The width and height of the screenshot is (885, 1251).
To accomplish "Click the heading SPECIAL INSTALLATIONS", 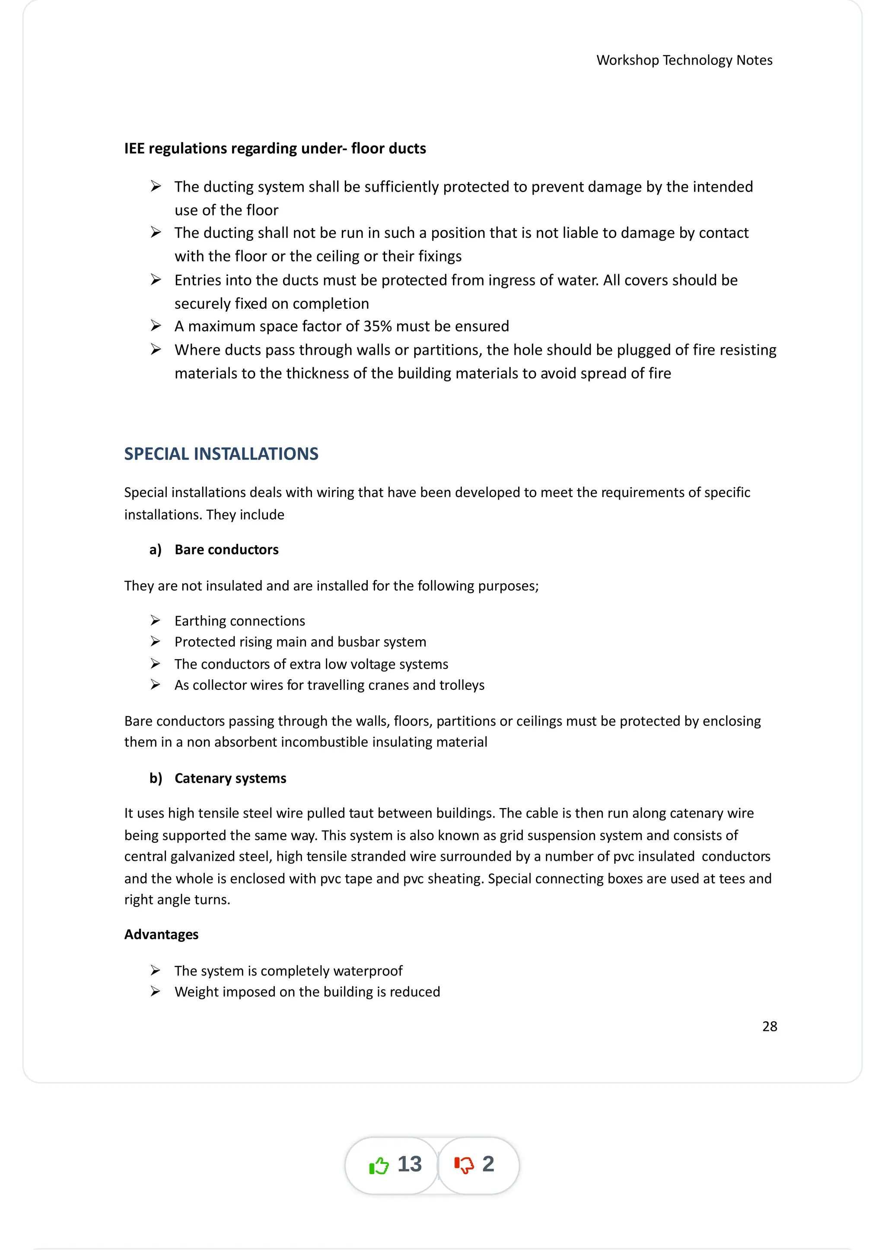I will coord(221,454).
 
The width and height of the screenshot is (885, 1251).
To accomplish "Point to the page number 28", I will coord(769,1027).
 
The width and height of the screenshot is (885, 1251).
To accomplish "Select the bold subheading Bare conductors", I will coord(226,550).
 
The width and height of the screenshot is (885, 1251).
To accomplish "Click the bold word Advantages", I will coord(162,935).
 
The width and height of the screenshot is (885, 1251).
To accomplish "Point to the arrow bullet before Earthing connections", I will coord(156,621).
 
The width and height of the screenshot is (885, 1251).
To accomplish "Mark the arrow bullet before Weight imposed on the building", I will coord(156,992).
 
